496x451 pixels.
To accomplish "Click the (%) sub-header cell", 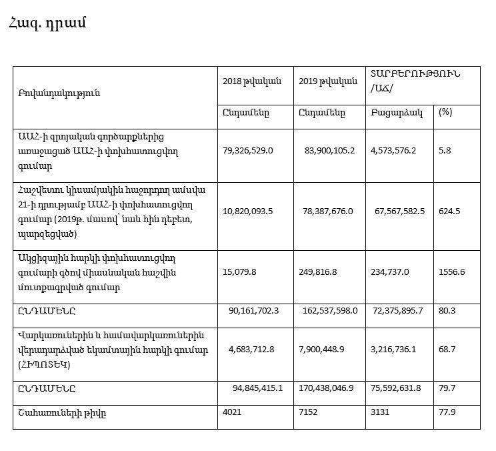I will (445, 111).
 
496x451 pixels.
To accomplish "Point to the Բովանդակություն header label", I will (59, 93).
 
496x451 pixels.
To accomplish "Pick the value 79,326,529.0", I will (248, 151).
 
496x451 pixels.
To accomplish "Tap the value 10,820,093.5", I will (248, 211).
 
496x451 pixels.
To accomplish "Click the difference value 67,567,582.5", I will (400, 211).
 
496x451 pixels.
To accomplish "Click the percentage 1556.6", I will (451, 272).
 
